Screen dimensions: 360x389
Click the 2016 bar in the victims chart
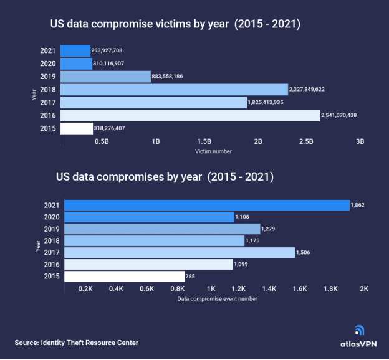click(x=190, y=115)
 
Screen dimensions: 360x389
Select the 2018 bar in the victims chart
click(x=174, y=90)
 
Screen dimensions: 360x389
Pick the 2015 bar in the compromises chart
click(x=125, y=276)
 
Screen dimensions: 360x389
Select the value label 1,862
click(x=357, y=205)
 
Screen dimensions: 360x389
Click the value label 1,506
click(x=303, y=252)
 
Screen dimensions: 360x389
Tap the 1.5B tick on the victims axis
click(x=204, y=141)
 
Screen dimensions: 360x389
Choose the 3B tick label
click(x=359, y=141)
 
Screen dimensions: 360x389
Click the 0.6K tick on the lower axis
click(x=146, y=289)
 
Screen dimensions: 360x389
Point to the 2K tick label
click(x=365, y=289)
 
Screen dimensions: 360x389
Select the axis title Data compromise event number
click(x=216, y=299)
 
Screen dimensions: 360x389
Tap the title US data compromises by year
click(x=165, y=177)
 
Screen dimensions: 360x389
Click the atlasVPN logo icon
click(x=359, y=331)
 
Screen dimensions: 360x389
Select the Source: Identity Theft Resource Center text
click(x=77, y=343)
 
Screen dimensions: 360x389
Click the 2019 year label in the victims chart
click(x=49, y=77)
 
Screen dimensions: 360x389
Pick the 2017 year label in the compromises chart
click(x=52, y=252)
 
